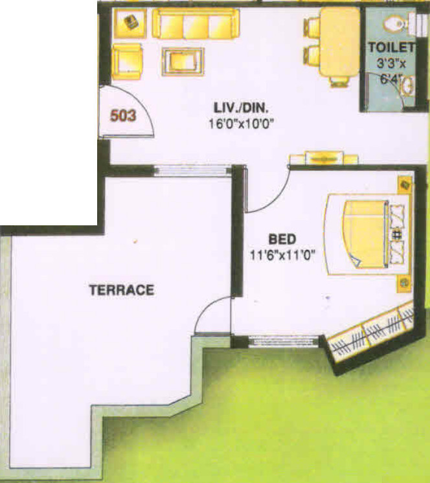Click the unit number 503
123,116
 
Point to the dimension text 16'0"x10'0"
238,124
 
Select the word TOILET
390,47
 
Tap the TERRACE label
122,290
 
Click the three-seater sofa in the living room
196,24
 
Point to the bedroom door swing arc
267,191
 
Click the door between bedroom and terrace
214,317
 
